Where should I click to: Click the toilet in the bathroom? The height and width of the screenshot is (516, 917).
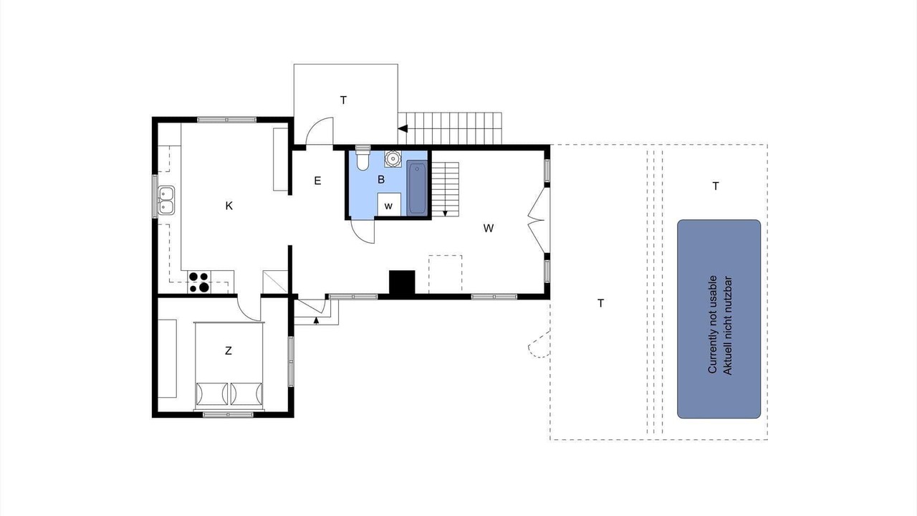point(363,158)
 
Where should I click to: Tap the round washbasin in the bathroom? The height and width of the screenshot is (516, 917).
point(393,158)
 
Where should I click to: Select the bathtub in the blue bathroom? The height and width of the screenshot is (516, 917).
point(417,188)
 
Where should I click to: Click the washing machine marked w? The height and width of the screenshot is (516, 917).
point(388,204)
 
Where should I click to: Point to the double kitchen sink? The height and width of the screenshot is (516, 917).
point(166,200)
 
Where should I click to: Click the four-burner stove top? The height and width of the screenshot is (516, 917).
point(199,282)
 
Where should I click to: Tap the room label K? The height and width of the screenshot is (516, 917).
point(229,206)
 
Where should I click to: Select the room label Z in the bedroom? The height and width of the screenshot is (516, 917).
point(229,350)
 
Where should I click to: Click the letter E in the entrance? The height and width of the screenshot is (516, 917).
point(317,181)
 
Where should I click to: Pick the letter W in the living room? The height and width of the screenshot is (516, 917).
point(488,228)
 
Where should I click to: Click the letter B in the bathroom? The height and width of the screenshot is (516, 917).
point(381,179)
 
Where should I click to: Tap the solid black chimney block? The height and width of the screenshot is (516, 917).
point(402,282)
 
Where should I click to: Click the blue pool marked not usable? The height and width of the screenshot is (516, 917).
point(719,319)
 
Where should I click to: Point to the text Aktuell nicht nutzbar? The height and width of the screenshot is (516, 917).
point(727,326)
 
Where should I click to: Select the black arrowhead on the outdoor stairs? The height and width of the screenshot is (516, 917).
point(403,128)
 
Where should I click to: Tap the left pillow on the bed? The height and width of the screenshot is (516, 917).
point(211,393)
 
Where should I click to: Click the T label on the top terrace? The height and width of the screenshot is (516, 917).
point(343,100)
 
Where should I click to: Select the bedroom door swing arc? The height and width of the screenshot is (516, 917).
point(246,311)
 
